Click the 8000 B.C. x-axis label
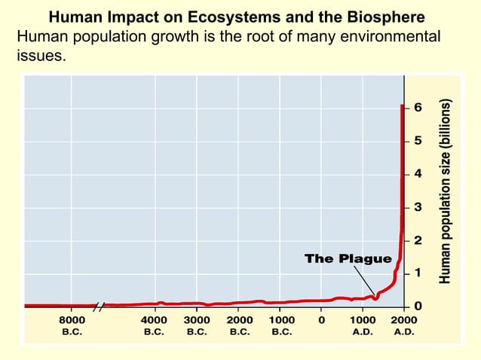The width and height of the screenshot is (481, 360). (72, 325)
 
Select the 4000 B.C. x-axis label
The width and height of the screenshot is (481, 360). (155, 325)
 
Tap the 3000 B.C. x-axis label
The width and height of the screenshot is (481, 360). (197, 325)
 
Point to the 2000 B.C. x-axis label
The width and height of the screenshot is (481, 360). (239, 325)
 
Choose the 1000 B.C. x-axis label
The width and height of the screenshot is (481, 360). (281, 325)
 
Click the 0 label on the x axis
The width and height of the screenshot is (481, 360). (322, 319)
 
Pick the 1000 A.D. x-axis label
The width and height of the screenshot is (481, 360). (363, 325)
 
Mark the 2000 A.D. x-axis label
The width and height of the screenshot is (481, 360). (404, 325)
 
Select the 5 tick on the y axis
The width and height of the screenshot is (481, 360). (418, 141)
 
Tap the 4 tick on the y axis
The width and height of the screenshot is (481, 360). (418, 174)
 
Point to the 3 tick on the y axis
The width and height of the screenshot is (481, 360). (418, 207)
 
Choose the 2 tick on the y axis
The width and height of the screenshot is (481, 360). (418, 240)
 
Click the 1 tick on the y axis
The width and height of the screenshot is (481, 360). (418, 273)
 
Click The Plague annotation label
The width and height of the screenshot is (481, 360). (348, 259)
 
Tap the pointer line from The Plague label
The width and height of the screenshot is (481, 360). (365, 281)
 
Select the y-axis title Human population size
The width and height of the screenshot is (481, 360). (446, 192)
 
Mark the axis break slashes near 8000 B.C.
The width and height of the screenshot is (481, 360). (100, 305)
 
